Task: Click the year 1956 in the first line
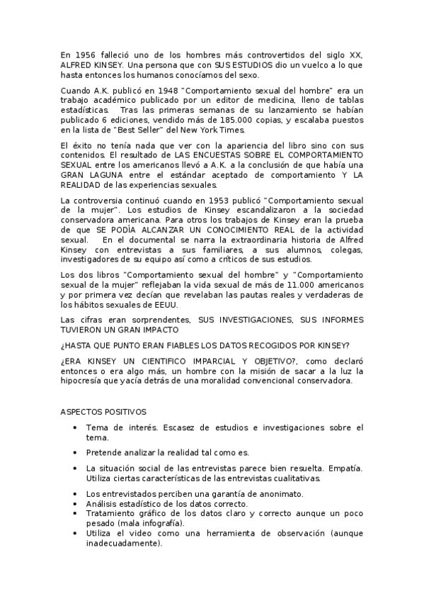tap(86, 55)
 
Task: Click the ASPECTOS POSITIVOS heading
tap(103, 412)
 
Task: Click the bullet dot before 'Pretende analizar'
tap(75, 452)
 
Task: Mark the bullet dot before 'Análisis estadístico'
tap(75, 503)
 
